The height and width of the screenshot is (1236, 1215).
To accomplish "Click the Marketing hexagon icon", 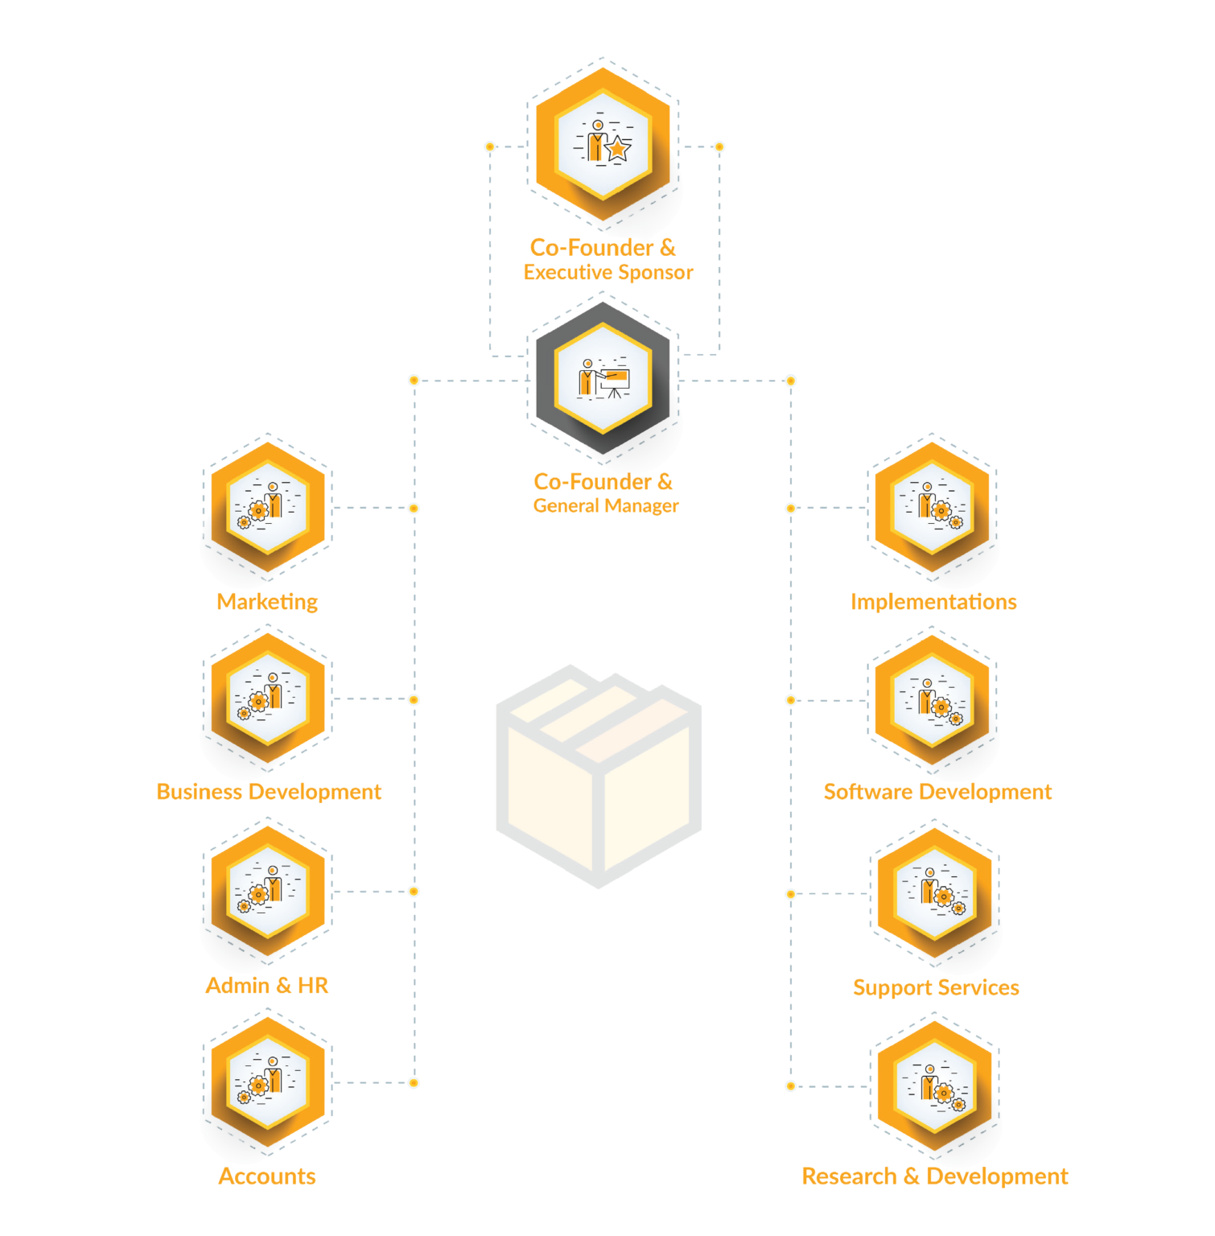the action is tap(268, 507).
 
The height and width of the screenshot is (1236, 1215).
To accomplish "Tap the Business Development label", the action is tap(269, 792).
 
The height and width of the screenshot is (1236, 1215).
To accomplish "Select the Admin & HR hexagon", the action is tap(268, 892).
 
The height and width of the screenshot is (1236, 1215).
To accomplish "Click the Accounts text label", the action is tap(267, 1176).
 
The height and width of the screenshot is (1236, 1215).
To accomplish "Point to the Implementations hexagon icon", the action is tap(932, 507).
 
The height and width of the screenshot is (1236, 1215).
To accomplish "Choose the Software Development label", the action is tap(937, 792).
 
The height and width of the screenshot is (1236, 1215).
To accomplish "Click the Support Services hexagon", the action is tap(934, 893).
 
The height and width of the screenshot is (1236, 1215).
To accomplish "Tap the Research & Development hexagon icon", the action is tap(934, 1086).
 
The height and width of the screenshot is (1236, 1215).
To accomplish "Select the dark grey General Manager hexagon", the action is tap(603, 379).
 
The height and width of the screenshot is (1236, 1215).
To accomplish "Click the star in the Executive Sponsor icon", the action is tap(617, 149).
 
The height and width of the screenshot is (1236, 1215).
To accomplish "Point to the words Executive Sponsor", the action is tap(608, 273).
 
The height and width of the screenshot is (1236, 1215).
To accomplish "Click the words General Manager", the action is tap(606, 506).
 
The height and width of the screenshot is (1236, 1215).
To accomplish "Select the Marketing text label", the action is tap(267, 602).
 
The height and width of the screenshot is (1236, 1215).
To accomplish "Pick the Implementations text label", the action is tap(933, 602).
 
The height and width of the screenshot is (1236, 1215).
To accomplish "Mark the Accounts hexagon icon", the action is tap(268, 1082).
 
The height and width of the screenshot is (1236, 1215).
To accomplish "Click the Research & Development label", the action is tap(935, 1176).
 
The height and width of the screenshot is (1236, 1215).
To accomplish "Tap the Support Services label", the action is tap(936, 988).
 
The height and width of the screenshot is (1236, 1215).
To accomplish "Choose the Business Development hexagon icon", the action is tap(268, 698).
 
